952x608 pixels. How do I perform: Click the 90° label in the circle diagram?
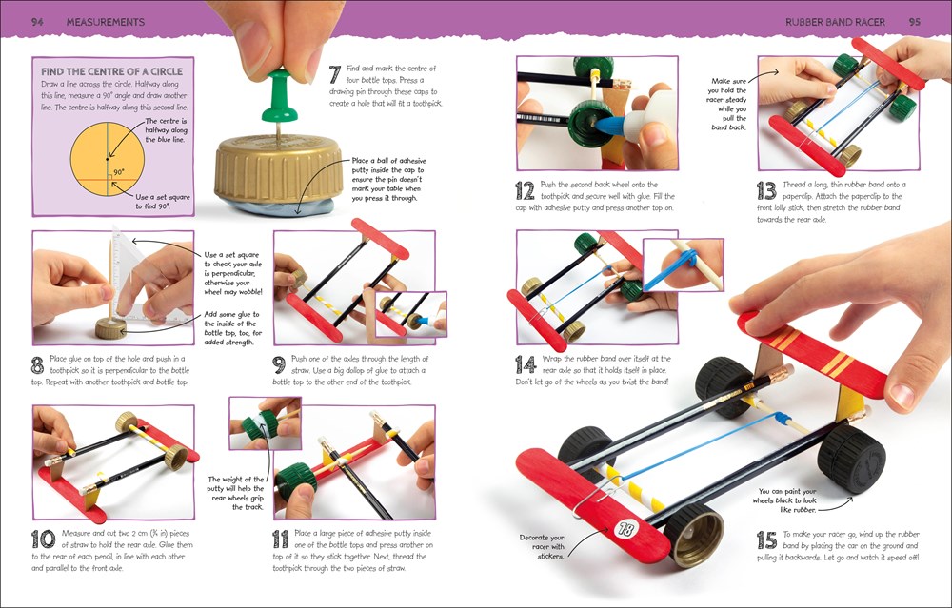point(119,173)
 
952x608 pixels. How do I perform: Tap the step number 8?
point(38,363)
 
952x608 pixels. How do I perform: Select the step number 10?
point(43,540)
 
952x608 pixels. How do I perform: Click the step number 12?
point(525,189)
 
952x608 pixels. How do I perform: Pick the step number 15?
point(767,540)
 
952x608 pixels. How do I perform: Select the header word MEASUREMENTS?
point(106,21)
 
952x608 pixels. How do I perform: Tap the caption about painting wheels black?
point(778,500)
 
